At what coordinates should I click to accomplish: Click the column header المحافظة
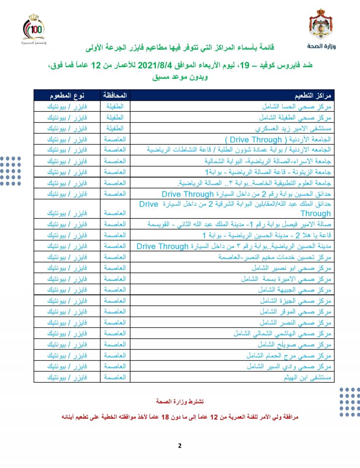coord(115,94)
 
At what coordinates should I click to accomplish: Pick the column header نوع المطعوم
coord(67,94)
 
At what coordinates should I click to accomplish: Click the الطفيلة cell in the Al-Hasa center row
coord(115,105)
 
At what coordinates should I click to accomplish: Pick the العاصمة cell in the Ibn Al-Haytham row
coord(115,377)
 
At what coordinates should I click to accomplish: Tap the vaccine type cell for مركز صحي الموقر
coord(67,312)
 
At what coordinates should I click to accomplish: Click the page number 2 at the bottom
coord(180,446)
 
